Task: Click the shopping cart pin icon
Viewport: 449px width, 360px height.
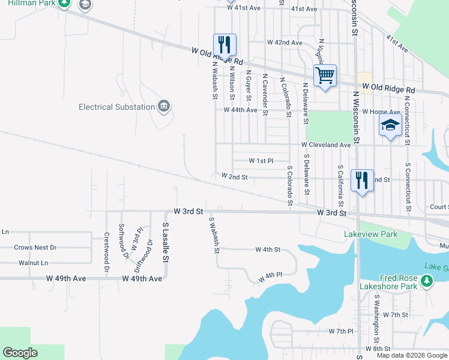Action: pos(325,76)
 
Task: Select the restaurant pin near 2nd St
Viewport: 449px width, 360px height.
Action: pos(361,179)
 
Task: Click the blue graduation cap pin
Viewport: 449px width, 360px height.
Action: pos(390,127)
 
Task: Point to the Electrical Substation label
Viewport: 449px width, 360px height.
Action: pos(116,107)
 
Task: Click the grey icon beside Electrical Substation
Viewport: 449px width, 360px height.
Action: pos(164,107)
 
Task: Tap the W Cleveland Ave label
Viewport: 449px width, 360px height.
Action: pos(326,145)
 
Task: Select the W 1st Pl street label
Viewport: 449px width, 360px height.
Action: pos(261,161)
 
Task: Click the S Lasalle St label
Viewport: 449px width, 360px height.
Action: pos(166,242)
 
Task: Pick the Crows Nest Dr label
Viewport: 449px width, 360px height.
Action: pos(35,247)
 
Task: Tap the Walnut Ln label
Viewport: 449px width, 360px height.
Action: pos(33,263)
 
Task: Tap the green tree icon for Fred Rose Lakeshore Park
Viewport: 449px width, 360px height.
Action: pos(427,281)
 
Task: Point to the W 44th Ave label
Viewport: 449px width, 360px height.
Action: pos(240,110)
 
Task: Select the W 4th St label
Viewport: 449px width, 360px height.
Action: pos(268,249)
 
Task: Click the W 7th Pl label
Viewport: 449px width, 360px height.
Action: pos(342,331)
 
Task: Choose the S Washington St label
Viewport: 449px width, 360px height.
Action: pos(377,314)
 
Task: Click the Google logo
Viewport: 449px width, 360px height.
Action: pos(20,353)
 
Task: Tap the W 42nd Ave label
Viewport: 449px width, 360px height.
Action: pos(285,43)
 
